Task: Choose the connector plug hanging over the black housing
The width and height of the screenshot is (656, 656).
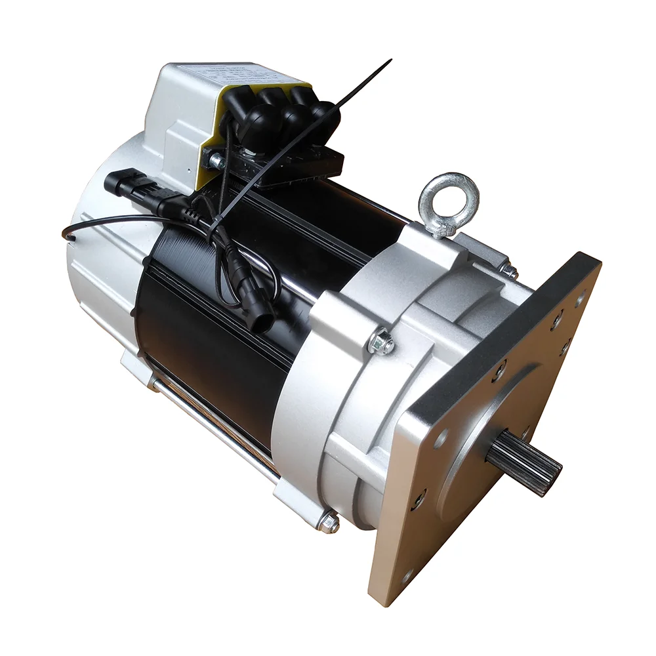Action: pyautogui.click(x=258, y=314)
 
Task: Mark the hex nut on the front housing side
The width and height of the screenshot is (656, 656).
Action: pyautogui.click(x=380, y=342)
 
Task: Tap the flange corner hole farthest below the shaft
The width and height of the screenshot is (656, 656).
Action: pyautogui.click(x=406, y=577)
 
